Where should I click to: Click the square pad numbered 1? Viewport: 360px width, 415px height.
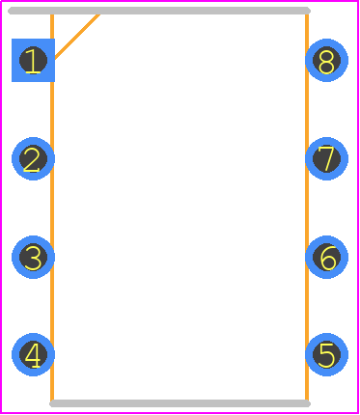33,60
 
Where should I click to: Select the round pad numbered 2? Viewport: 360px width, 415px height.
33,158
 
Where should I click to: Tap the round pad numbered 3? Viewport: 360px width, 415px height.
33,257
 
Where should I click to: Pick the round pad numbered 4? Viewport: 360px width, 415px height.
33,354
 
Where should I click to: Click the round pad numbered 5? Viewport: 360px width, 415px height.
326,354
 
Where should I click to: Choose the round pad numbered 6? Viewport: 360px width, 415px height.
326,257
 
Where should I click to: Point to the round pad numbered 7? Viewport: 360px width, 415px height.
326,158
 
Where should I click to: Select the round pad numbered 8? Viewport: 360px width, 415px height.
326,60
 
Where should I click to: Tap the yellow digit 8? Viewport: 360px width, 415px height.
326,62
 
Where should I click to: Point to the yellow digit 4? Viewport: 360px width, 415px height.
33,355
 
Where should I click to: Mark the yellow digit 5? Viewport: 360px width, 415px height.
326,355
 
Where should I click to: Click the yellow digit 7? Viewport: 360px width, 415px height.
326,159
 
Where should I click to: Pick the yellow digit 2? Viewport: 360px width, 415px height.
32,159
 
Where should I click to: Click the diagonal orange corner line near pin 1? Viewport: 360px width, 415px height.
77,37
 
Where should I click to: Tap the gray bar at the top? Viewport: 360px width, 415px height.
159,11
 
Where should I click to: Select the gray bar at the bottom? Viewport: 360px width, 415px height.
180,403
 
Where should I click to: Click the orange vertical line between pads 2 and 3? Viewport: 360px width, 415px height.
52,207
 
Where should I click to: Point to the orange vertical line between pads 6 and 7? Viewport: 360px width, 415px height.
307,207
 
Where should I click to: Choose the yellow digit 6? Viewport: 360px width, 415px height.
328,258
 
